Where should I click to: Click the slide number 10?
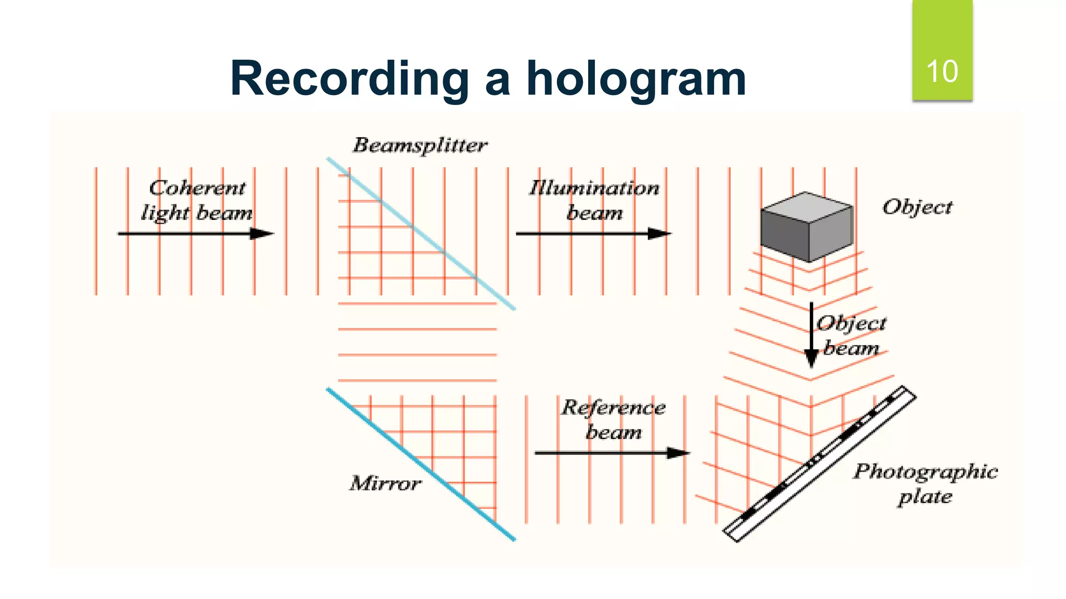coord(942,71)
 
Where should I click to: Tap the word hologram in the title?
coord(636,79)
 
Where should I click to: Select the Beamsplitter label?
coord(420,145)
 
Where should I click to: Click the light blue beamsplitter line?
coord(422,234)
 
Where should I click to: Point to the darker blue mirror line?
coord(422,464)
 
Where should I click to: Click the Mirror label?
coord(385,484)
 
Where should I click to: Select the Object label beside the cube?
coord(917,207)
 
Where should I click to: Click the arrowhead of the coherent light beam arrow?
coord(262,234)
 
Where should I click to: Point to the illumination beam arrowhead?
coord(659,234)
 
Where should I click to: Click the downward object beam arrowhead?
coord(811,359)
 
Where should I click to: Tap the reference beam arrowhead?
coord(678,453)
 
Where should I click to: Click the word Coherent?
coord(197,188)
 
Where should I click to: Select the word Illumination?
coord(594,188)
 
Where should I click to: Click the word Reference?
coord(613,408)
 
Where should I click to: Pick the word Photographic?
coord(925,472)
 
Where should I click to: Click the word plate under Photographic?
coord(925,497)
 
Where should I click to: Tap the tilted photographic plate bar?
coord(820,464)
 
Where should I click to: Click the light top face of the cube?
coord(807,207)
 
